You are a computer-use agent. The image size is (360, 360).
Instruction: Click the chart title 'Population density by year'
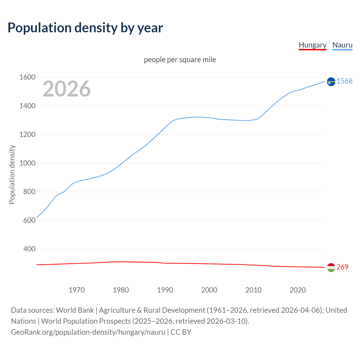[85, 28]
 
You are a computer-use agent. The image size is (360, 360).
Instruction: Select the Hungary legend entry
[312, 45]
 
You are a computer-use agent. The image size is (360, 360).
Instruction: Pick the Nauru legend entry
[342, 45]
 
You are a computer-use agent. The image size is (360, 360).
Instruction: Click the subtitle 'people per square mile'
[180, 60]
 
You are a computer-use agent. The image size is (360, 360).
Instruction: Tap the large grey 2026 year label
[67, 89]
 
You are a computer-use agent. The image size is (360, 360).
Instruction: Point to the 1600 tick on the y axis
[27, 77]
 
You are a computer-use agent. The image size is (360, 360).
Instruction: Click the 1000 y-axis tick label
[27, 163]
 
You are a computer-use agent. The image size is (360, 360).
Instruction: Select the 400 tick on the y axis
[29, 249]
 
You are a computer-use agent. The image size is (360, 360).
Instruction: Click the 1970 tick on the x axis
[76, 290]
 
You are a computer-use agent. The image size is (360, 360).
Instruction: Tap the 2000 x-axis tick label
[209, 290]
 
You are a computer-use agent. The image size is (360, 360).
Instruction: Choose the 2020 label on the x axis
[298, 290]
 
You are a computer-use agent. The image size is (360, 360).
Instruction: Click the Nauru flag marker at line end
[331, 82]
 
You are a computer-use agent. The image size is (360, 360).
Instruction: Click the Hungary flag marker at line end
[331, 267]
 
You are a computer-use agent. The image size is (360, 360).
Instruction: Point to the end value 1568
[345, 81]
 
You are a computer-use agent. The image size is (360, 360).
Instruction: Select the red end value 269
[342, 267]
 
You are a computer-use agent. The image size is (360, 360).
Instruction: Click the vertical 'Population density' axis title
[12, 174]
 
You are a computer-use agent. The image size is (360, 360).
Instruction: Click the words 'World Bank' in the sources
[75, 310]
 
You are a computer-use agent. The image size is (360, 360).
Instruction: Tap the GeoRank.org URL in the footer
[88, 332]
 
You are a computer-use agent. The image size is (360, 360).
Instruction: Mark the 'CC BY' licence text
[181, 332]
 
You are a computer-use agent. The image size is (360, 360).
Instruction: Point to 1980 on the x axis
[121, 290]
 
